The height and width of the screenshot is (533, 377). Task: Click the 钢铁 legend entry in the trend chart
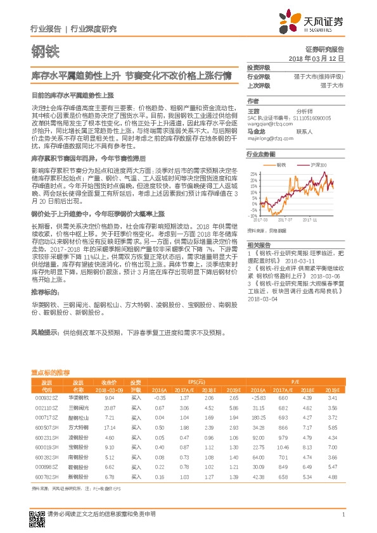(279, 165)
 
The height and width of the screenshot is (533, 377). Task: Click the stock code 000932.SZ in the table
(46, 398)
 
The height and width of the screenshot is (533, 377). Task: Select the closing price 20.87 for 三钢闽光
(109, 408)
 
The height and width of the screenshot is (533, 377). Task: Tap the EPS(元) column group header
(201, 382)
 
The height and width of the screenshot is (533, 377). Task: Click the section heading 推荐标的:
(45, 292)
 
